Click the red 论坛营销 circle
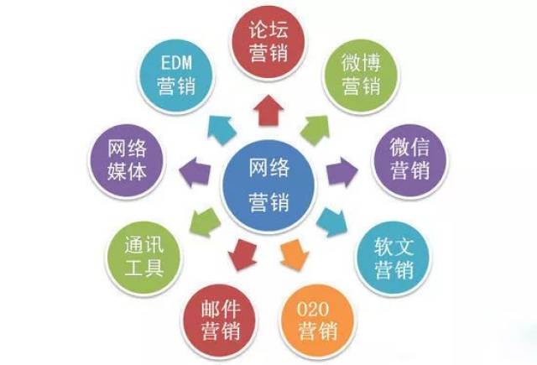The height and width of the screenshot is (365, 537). tap(268, 42)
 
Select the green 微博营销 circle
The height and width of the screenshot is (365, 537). tap(361, 76)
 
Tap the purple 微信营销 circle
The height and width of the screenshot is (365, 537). tap(409, 160)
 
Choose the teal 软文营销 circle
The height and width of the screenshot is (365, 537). tap(393, 258)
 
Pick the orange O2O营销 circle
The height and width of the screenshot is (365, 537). tap(317, 321)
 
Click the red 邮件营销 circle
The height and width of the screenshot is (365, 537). tap(220, 321)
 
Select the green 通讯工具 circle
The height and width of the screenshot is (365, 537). tap(143, 258)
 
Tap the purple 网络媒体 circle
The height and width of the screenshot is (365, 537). tap(127, 160)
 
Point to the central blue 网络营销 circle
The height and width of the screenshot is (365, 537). tap(268, 185)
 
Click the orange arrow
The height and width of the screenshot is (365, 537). tap(295, 255)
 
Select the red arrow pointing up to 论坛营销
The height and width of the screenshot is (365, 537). tap(268, 110)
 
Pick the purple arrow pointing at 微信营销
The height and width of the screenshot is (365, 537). tap(341, 172)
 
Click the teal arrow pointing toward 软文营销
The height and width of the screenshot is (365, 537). tap(331, 222)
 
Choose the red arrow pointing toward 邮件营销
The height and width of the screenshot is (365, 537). tap(242, 255)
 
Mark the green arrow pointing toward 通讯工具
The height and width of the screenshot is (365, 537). tap(205, 222)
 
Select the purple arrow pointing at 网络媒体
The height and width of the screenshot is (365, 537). tap(195, 172)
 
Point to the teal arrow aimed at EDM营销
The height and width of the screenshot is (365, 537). tap(222, 129)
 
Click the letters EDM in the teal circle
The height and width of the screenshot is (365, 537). tap(176, 63)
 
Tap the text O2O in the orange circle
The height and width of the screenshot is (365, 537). tap(313, 309)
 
